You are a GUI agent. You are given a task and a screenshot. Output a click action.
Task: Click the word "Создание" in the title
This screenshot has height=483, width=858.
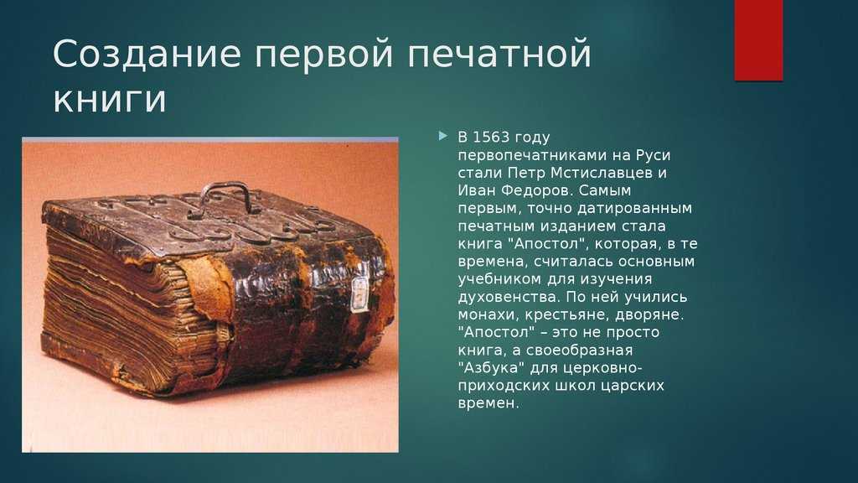[x=147, y=54]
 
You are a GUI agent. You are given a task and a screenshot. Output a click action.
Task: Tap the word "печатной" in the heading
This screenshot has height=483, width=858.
[x=499, y=55]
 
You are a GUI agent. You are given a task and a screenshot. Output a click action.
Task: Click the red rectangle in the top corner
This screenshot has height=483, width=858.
[x=758, y=40]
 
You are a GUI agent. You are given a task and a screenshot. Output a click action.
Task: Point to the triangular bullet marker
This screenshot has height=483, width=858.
[x=442, y=136]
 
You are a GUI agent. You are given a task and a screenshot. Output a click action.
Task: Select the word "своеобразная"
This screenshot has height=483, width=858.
[x=579, y=351]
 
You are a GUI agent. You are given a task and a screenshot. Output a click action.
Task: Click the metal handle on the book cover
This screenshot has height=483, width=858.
[x=225, y=198]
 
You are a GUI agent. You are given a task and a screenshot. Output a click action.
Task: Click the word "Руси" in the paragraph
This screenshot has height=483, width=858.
[x=654, y=155]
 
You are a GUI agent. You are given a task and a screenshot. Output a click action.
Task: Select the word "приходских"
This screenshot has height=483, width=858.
[x=504, y=386]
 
